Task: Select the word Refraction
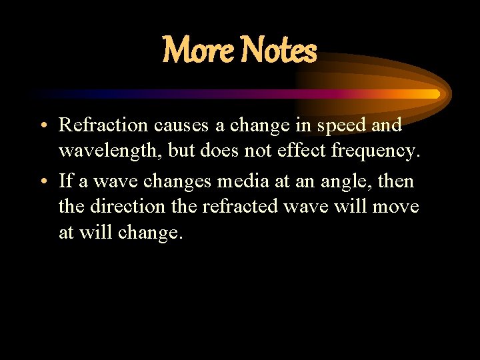(x=104, y=125)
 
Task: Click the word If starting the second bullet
(x=66, y=181)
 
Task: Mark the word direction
(x=130, y=207)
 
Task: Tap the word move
(x=396, y=207)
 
